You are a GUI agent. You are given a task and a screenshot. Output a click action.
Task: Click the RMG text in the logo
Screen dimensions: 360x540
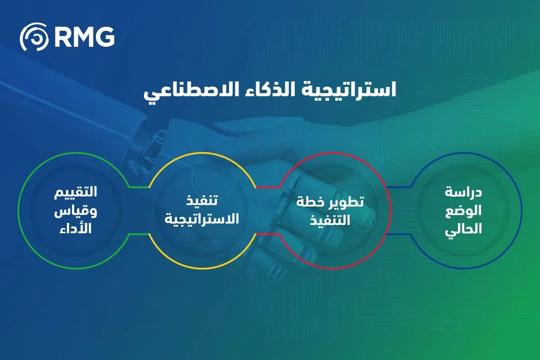click(84, 37)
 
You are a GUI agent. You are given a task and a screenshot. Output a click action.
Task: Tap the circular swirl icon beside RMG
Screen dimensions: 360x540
click(34, 37)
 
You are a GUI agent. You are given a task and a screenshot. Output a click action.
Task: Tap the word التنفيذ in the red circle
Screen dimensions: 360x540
click(330, 220)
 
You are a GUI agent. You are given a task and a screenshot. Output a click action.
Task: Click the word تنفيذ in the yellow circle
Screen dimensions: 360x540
click(202, 201)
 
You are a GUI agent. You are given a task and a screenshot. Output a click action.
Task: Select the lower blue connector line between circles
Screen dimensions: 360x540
click(399, 234)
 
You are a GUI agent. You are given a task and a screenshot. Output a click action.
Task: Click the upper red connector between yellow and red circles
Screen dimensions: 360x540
click(268, 187)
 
